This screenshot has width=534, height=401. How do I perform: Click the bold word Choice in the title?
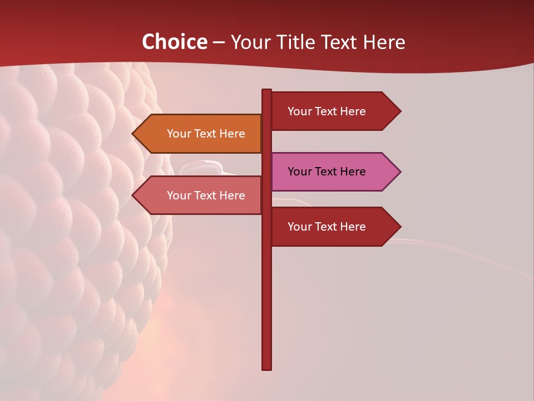coord(175,42)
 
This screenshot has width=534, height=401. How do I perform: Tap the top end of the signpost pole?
coord(266,91)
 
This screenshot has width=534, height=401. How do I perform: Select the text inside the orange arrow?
coord(206,134)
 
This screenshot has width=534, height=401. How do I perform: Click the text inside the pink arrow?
coord(327,172)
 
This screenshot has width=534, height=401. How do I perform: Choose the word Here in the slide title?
coord(384,42)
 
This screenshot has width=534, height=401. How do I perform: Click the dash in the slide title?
coord(219,42)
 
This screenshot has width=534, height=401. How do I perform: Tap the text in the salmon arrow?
coord(206,195)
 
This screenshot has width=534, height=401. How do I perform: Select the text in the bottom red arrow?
coord(327,227)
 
